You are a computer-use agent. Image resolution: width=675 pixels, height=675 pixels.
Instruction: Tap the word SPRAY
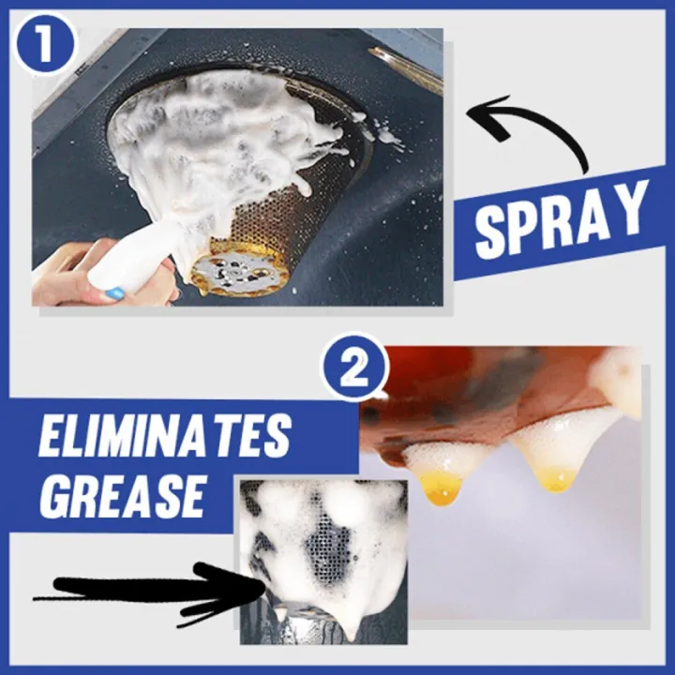(x=560, y=222)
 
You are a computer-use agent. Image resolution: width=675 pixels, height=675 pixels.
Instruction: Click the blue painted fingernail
(x=114, y=293)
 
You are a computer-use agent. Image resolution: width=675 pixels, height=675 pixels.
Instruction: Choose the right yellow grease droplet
(x=554, y=479)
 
